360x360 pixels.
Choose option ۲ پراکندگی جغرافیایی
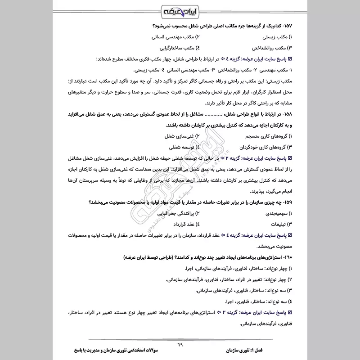click(x=173, y=213)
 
